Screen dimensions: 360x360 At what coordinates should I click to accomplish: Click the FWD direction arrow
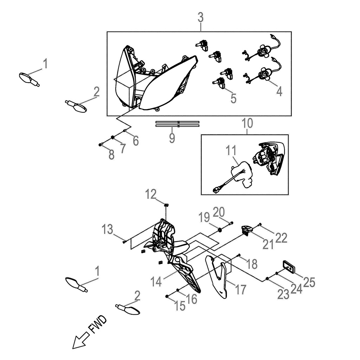[x=80, y=340]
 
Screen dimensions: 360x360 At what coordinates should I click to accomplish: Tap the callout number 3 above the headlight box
[x=200, y=17]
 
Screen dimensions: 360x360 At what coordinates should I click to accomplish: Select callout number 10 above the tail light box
[x=247, y=123]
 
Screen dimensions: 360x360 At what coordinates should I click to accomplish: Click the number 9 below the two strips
[x=172, y=137]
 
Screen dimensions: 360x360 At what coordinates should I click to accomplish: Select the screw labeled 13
[x=125, y=242]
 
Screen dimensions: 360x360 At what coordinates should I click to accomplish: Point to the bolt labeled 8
[x=101, y=144]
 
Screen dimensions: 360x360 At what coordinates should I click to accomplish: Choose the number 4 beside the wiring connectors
[x=279, y=91]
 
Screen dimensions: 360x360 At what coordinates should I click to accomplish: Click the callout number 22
[x=281, y=238]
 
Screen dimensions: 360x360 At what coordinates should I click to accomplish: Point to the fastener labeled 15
[x=167, y=296]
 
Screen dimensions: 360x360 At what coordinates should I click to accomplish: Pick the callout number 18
[x=252, y=264]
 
